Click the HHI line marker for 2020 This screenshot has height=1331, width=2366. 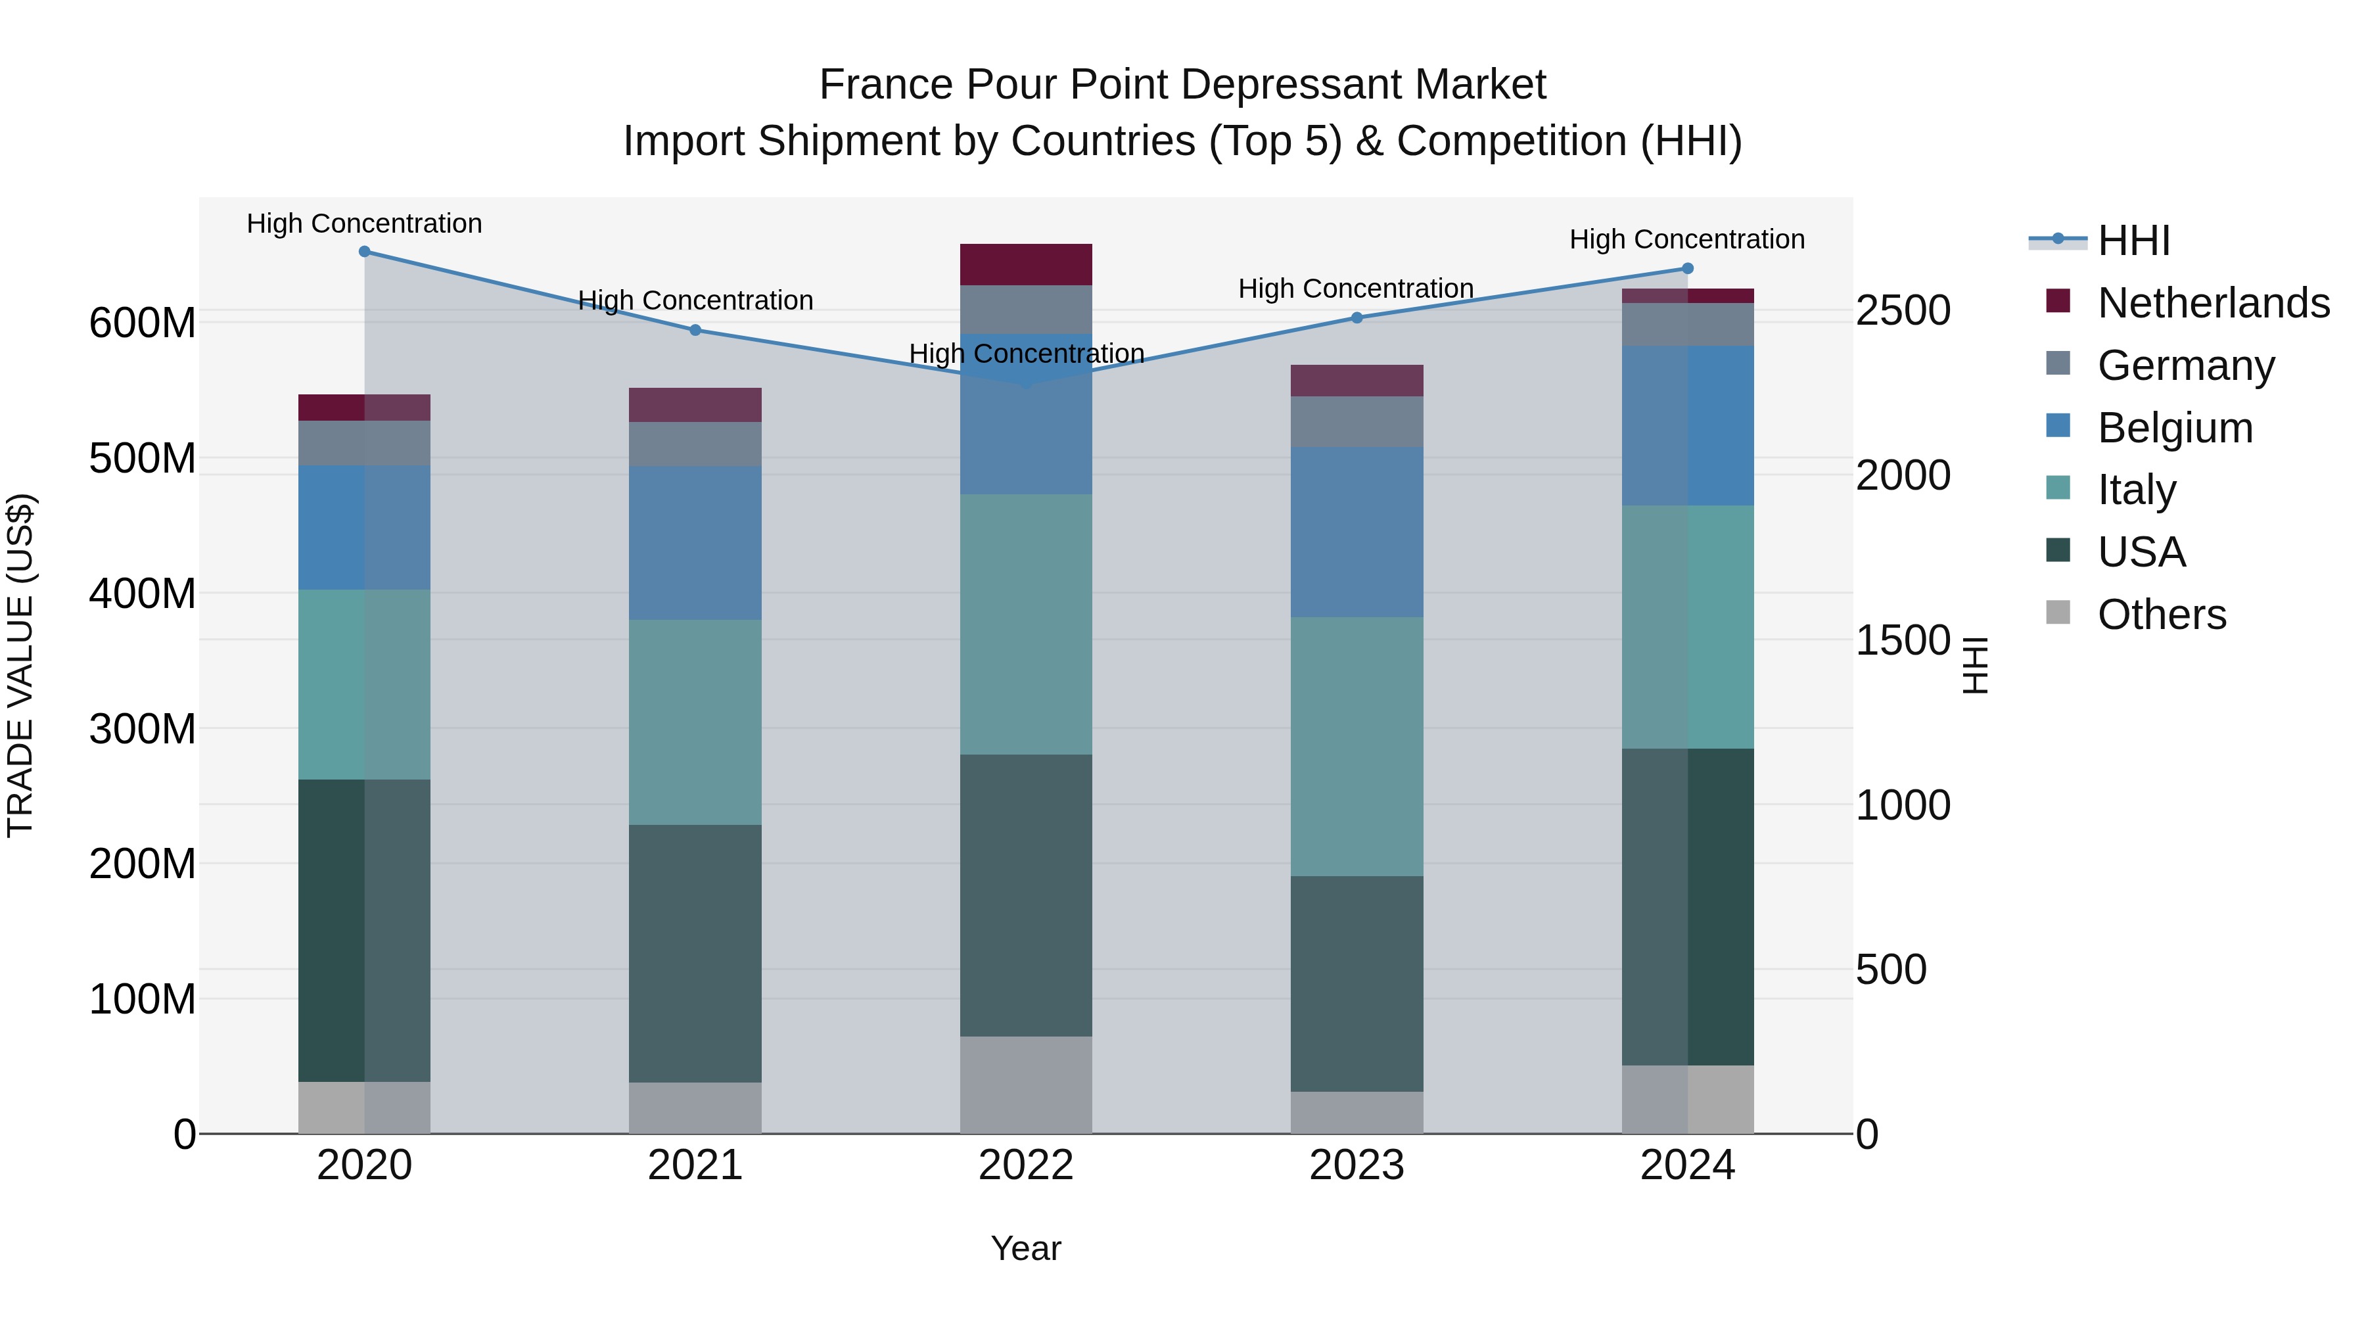[x=365, y=252]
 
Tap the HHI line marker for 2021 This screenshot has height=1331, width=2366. [x=695, y=330]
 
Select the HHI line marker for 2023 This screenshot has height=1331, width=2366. [x=1357, y=318]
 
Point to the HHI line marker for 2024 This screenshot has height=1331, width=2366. [x=1687, y=268]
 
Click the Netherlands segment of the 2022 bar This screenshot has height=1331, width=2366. [x=1026, y=264]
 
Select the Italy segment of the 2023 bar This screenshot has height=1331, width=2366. [x=1357, y=746]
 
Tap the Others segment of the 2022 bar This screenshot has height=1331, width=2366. [x=1026, y=1085]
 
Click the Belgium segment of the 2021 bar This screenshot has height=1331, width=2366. [x=695, y=542]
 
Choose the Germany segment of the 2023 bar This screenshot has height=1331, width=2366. [x=1357, y=421]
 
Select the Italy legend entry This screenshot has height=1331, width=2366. [x=2137, y=490]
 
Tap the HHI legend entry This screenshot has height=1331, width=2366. [x=2133, y=241]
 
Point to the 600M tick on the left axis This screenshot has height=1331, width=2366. [x=143, y=323]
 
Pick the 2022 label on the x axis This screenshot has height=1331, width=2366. [x=1026, y=1165]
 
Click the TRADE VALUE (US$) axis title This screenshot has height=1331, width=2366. [x=20, y=665]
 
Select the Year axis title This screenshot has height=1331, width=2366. [x=1026, y=1248]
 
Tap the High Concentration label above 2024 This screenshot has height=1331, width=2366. [x=1687, y=239]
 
